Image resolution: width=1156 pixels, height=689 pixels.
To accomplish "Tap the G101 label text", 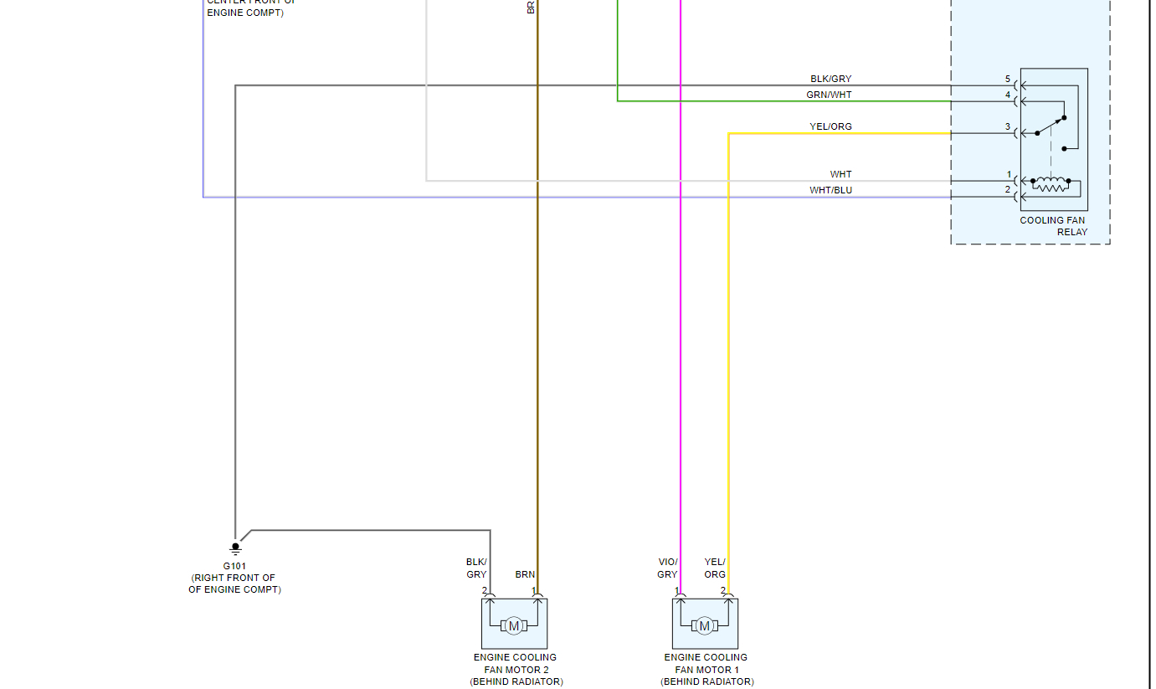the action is (x=235, y=566).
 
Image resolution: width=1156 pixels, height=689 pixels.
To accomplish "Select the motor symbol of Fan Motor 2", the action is (x=514, y=625).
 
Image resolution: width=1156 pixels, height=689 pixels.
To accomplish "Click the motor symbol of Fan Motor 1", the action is (x=704, y=625).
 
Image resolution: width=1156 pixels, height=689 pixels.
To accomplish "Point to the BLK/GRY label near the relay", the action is (x=830, y=80).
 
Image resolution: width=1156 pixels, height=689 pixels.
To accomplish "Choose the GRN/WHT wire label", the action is (x=829, y=95).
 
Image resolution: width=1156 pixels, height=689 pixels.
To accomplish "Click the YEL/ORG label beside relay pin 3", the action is (x=830, y=127).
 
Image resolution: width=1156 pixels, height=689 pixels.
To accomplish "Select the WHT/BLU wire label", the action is (x=830, y=190).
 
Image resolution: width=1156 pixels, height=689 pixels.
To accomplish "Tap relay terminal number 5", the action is (x=1008, y=80).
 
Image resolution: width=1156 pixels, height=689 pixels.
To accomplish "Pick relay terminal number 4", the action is (x=1008, y=95).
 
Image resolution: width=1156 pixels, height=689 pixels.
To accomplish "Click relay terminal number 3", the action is (x=1008, y=127).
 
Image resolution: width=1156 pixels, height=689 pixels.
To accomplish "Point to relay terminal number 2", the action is (x=1008, y=190).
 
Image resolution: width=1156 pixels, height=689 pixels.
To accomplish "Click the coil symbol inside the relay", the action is (x=1051, y=183).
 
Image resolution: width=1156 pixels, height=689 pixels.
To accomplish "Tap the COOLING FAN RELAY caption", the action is (x=1053, y=226).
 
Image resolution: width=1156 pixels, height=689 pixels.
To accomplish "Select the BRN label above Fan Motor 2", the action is (x=525, y=575).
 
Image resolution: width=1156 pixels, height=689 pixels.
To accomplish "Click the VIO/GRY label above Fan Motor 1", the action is (x=667, y=568).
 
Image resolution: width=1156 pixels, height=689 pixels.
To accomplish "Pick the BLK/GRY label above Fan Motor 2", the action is (x=476, y=568).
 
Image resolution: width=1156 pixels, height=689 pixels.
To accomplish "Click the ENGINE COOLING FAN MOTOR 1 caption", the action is (x=706, y=669).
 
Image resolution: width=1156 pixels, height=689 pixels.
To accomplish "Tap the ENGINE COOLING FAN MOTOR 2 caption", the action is (x=515, y=669).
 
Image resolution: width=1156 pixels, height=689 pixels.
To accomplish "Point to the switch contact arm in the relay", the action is (x=1050, y=126).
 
